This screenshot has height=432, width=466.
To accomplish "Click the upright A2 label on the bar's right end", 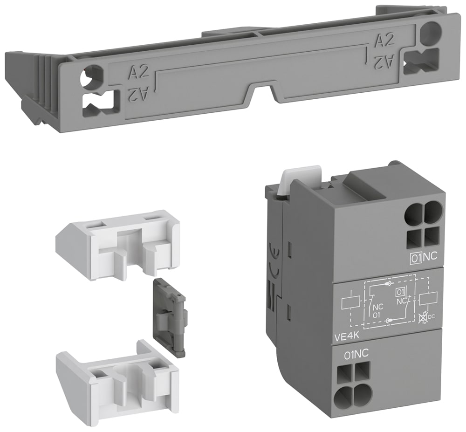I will pos(385,41).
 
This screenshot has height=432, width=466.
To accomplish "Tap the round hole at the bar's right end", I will pos(430,33).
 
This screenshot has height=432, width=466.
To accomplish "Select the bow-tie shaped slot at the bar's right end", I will pos(421,61).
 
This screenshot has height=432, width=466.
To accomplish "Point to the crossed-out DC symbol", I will pos(422,318).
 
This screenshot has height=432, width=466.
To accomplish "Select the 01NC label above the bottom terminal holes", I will pos(356,355).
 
